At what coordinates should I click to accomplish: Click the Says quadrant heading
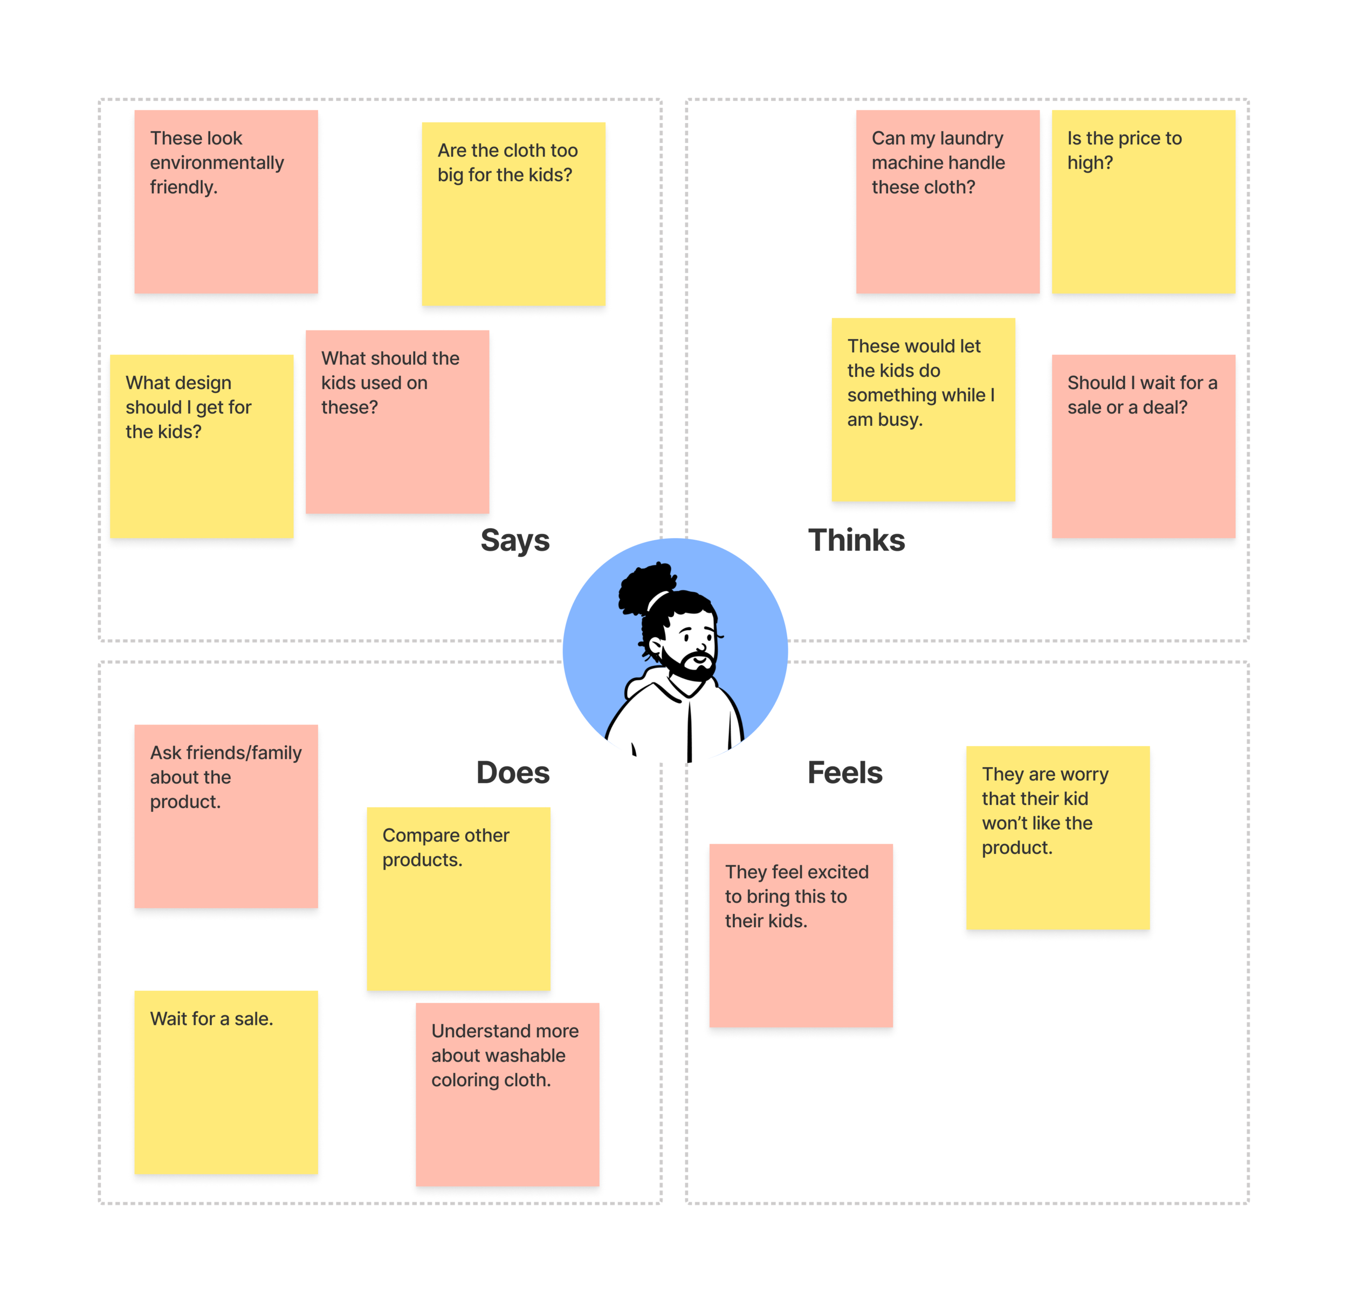[x=514, y=541]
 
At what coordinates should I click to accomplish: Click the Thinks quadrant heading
[x=856, y=541]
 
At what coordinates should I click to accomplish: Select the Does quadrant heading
[x=513, y=773]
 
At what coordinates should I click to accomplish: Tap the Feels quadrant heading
[x=844, y=773]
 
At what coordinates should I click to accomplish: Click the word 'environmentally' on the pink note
[x=217, y=163]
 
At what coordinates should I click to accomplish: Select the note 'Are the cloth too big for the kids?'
[x=513, y=214]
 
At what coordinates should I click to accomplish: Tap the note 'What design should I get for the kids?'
[x=202, y=446]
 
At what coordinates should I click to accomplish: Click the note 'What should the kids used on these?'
[x=397, y=422]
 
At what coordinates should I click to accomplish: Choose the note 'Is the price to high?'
[x=1143, y=202]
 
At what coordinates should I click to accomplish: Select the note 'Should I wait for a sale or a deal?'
[x=1143, y=446]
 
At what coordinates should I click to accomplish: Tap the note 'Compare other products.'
[x=458, y=899]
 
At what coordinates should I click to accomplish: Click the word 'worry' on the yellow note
[x=1083, y=774]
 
